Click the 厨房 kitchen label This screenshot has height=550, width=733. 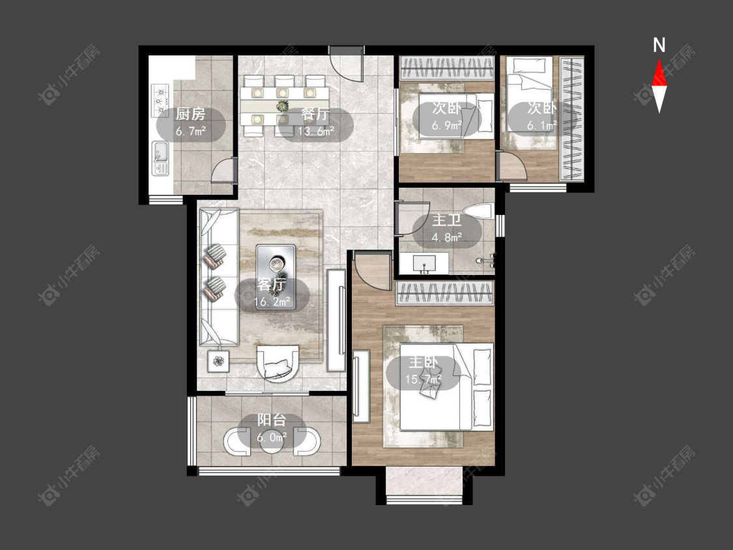(190, 113)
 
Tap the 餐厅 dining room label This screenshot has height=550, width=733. (315, 113)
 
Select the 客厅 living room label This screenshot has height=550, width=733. (272, 284)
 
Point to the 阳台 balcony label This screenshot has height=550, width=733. (272, 420)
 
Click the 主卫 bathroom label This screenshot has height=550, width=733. (447, 220)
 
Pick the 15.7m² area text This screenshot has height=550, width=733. (423, 379)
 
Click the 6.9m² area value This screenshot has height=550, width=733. (446, 126)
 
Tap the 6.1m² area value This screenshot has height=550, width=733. (542, 126)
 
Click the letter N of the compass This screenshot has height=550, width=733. (659, 46)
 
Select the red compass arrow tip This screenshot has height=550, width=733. (659, 59)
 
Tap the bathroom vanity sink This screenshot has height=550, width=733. (424, 264)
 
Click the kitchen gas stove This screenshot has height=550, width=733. (160, 100)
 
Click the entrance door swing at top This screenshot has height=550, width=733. (347, 64)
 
